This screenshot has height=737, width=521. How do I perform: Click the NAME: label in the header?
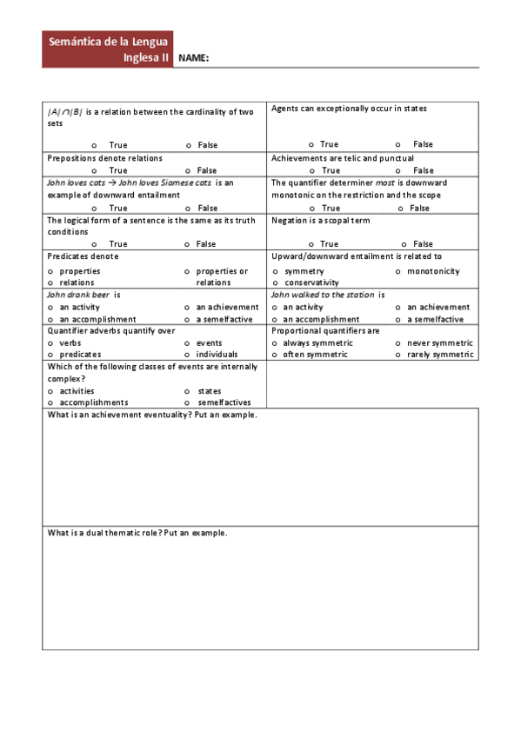[x=193, y=58]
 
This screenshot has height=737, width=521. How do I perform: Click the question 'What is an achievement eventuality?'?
[x=152, y=415]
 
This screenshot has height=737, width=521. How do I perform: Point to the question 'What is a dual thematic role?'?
[x=137, y=533]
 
